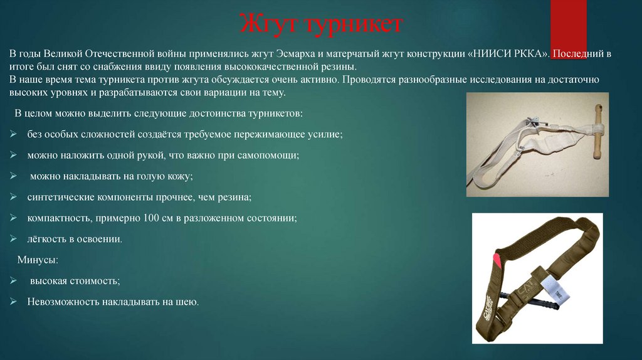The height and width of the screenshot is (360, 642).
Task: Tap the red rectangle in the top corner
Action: (x=568, y=20)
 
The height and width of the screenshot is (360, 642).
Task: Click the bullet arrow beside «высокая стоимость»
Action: (x=14, y=281)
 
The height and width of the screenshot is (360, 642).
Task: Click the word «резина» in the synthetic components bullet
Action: (x=235, y=198)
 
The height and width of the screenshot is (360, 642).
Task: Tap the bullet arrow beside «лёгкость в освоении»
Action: (x=14, y=239)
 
